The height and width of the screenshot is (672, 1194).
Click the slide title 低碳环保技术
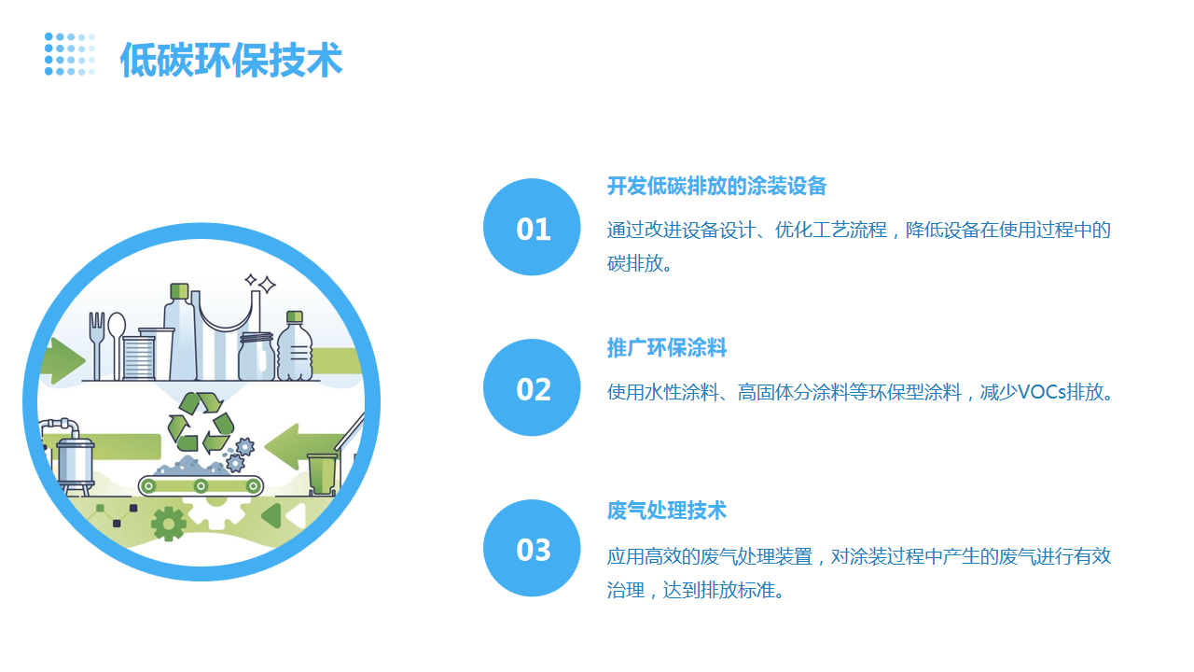click(230, 59)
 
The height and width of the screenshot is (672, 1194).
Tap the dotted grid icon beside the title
click(70, 54)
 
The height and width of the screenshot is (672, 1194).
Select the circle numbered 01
click(532, 227)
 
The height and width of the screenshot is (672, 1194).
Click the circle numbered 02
click(532, 387)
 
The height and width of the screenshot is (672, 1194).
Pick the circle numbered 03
click(532, 548)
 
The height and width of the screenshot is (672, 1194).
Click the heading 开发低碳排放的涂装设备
click(716, 186)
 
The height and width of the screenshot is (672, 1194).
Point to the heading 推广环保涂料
click(666, 348)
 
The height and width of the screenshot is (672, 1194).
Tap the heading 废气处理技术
click(666, 511)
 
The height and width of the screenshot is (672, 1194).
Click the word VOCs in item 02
click(1041, 393)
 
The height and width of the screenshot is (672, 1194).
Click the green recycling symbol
click(201, 423)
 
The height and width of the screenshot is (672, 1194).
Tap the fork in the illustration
click(96, 345)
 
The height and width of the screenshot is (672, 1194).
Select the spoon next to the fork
click(117, 345)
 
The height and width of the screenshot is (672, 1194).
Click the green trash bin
click(322, 473)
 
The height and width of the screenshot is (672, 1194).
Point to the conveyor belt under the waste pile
click(201, 486)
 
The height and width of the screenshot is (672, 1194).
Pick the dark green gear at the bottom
click(169, 525)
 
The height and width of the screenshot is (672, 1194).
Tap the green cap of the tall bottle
click(179, 291)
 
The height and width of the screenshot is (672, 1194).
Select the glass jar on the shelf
click(257, 356)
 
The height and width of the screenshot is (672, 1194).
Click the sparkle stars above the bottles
click(260, 283)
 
